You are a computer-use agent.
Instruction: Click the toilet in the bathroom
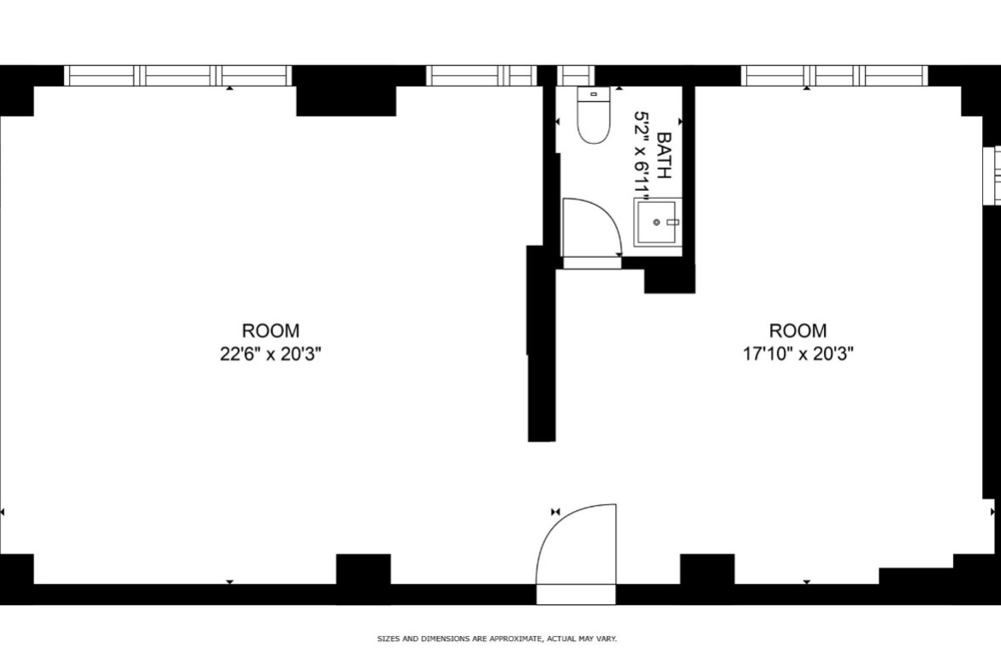pos(593,115)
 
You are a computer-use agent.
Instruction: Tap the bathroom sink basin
pos(655,222)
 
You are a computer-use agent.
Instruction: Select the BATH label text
pos(665,155)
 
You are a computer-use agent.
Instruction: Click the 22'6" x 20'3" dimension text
pos(270,354)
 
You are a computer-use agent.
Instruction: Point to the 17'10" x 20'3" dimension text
pos(798,354)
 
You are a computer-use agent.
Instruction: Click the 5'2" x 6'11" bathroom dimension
pos(642,155)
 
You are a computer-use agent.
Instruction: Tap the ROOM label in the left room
pos(270,331)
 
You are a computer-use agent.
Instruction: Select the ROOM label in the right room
pos(798,331)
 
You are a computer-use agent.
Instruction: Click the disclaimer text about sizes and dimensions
pos(497,639)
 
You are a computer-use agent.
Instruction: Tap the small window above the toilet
pos(576,75)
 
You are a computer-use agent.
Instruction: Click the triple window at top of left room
pos(178,75)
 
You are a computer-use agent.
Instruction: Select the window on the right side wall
pos(992,175)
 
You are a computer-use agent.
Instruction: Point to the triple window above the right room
pos(834,75)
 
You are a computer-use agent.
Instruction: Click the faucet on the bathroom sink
pos(672,223)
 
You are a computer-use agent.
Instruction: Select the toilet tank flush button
pos(594,94)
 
